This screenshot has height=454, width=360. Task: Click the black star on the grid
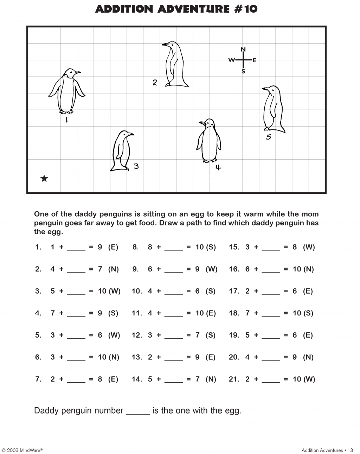point(44,179)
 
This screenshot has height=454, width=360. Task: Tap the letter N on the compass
point(243,49)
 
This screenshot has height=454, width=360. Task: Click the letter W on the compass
point(232,60)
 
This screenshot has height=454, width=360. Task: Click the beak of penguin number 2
point(164,44)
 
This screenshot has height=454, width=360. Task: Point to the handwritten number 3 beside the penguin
point(136,166)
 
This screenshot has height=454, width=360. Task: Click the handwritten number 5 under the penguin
point(269,137)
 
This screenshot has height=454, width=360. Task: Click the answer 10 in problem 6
point(102,357)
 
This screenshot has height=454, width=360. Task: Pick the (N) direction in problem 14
point(211,379)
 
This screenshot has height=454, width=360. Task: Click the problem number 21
point(234,379)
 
